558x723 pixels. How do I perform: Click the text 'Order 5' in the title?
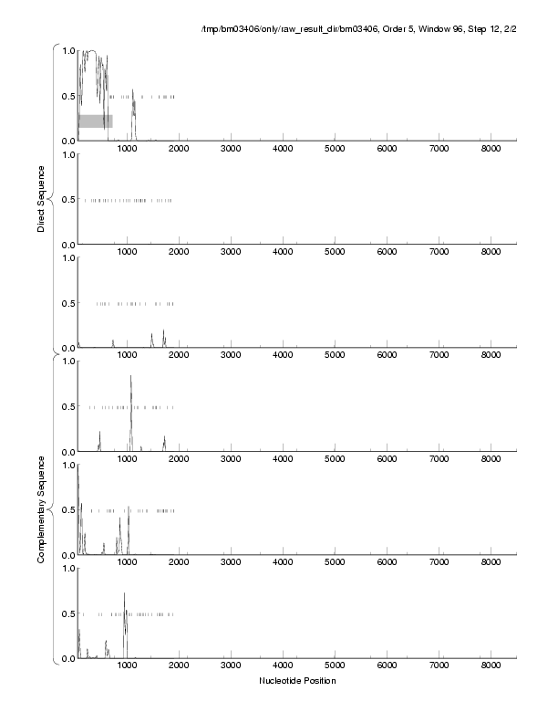(386, 30)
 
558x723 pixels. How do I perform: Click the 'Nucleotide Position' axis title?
(297, 681)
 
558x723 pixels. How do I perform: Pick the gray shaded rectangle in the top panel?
(95, 120)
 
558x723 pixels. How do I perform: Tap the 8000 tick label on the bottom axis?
(491, 665)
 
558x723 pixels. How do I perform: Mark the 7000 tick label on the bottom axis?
(439, 665)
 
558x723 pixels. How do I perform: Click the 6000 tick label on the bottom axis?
(387, 665)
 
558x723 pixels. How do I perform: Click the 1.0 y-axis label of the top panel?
(67, 50)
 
